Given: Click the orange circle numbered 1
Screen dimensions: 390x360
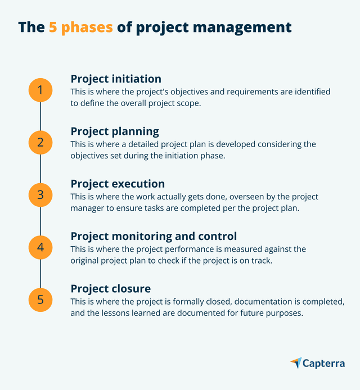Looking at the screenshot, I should pos(40,90).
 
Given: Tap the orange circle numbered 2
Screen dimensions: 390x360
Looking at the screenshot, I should pos(40,142).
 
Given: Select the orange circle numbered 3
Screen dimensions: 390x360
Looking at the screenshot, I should pos(40,194).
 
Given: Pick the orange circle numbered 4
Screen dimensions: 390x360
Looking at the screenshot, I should pos(40,247).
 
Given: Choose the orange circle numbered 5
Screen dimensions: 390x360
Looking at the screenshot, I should pos(40,299).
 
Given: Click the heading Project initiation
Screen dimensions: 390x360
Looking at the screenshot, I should pos(116,79).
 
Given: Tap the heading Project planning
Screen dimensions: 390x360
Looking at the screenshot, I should pos(115,131).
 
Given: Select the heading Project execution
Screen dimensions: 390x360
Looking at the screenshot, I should pos(118,184).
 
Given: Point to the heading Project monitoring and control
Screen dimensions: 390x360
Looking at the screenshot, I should pos(154,236).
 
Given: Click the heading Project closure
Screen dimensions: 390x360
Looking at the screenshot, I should pos(110,288).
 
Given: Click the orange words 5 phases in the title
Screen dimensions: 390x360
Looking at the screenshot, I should pos(80,27).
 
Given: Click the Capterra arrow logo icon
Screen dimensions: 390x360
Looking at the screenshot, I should pos(296,363).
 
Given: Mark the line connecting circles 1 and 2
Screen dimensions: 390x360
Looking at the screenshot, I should pos(40,116).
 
